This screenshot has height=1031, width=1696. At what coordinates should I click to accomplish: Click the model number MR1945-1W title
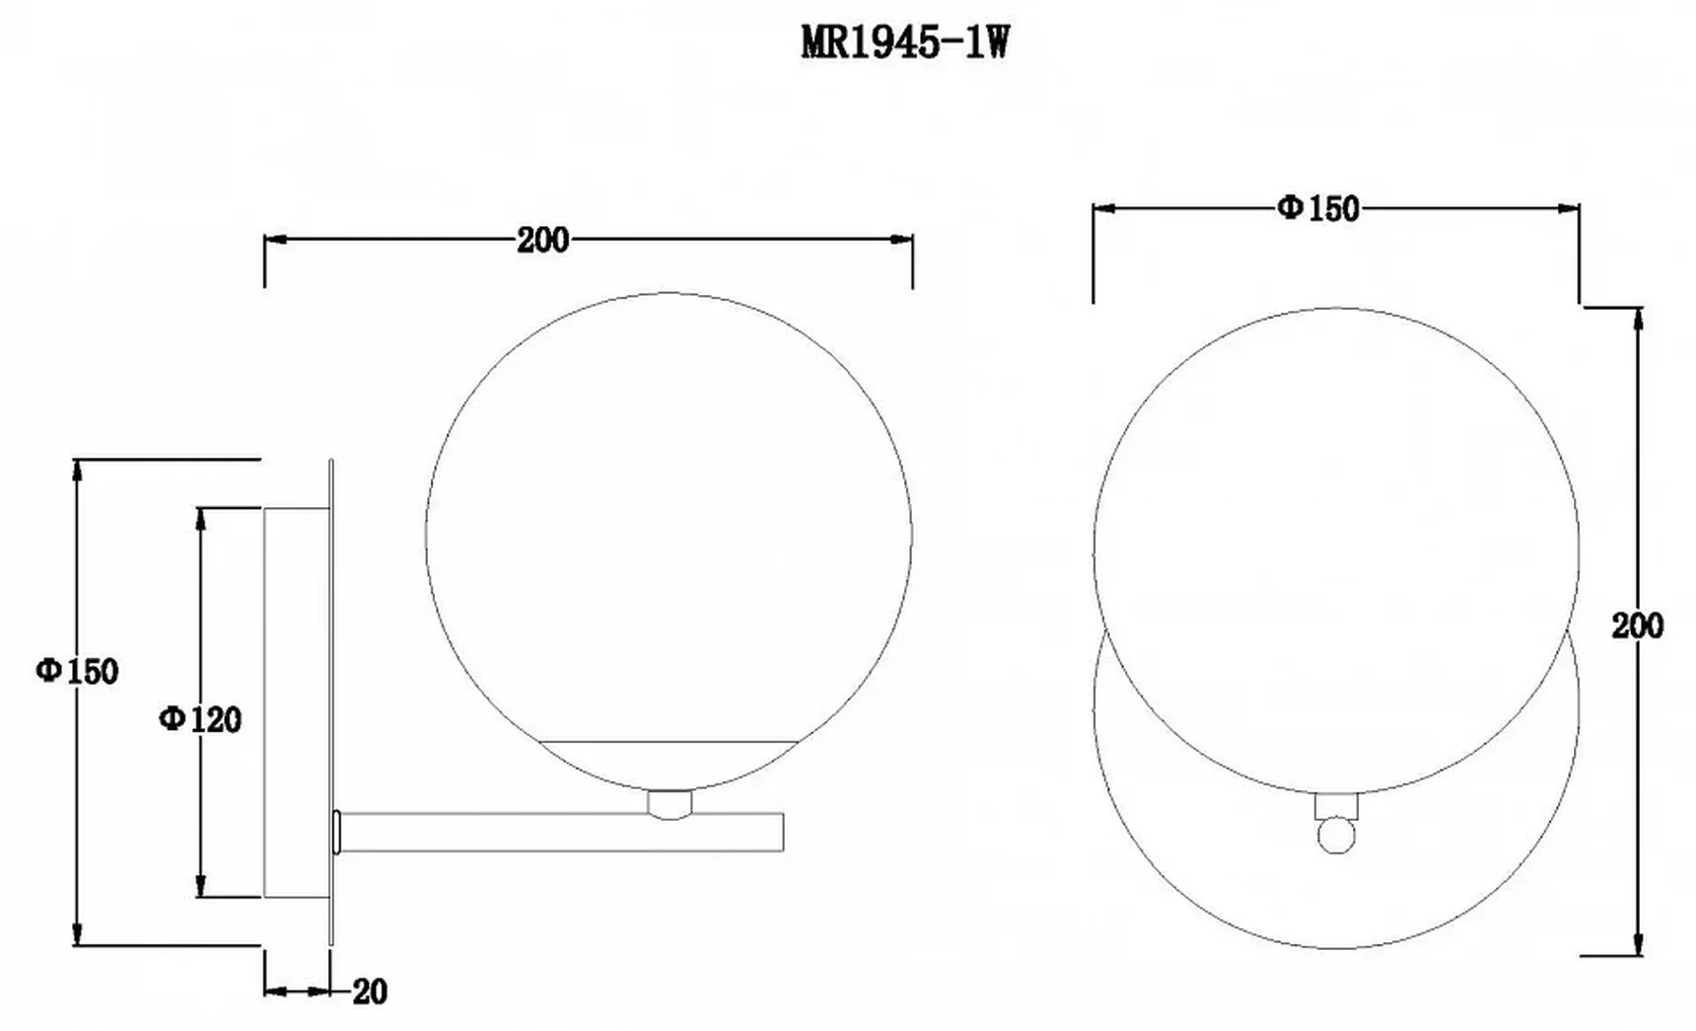click(x=905, y=43)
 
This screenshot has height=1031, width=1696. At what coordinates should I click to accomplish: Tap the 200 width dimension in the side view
click(x=542, y=240)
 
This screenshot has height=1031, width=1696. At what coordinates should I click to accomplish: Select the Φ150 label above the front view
click(x=1318, y=208)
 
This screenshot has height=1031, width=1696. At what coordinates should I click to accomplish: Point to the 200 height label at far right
click(x=1637, y=626)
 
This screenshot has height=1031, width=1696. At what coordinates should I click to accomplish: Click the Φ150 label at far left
click(x=77, y=671)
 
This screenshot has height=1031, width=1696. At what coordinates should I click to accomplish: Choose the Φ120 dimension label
click(x=200, y=719)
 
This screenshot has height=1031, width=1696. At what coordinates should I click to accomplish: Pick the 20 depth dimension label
click(x=370, y=992)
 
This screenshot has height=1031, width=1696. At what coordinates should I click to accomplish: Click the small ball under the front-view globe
click(x=1335, y=835)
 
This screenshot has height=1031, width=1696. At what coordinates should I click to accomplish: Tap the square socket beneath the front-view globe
click(x=1335, y=806)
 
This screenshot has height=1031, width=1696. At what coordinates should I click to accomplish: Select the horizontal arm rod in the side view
click(x=560, y=832)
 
